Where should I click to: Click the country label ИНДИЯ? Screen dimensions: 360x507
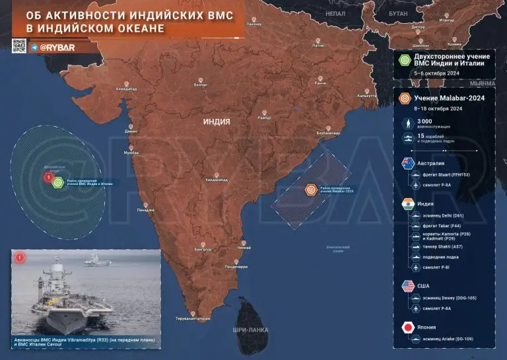point(217,122)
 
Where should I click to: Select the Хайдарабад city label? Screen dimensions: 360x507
point(216,180)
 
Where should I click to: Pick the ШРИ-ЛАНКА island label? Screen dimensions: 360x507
point(248,328)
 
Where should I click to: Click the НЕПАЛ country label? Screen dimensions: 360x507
point(335,13)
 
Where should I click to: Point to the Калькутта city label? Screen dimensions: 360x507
point(366,96)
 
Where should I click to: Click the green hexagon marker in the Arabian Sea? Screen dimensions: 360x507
point(57,182)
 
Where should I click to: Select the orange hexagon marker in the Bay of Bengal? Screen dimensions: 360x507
point(310,189)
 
